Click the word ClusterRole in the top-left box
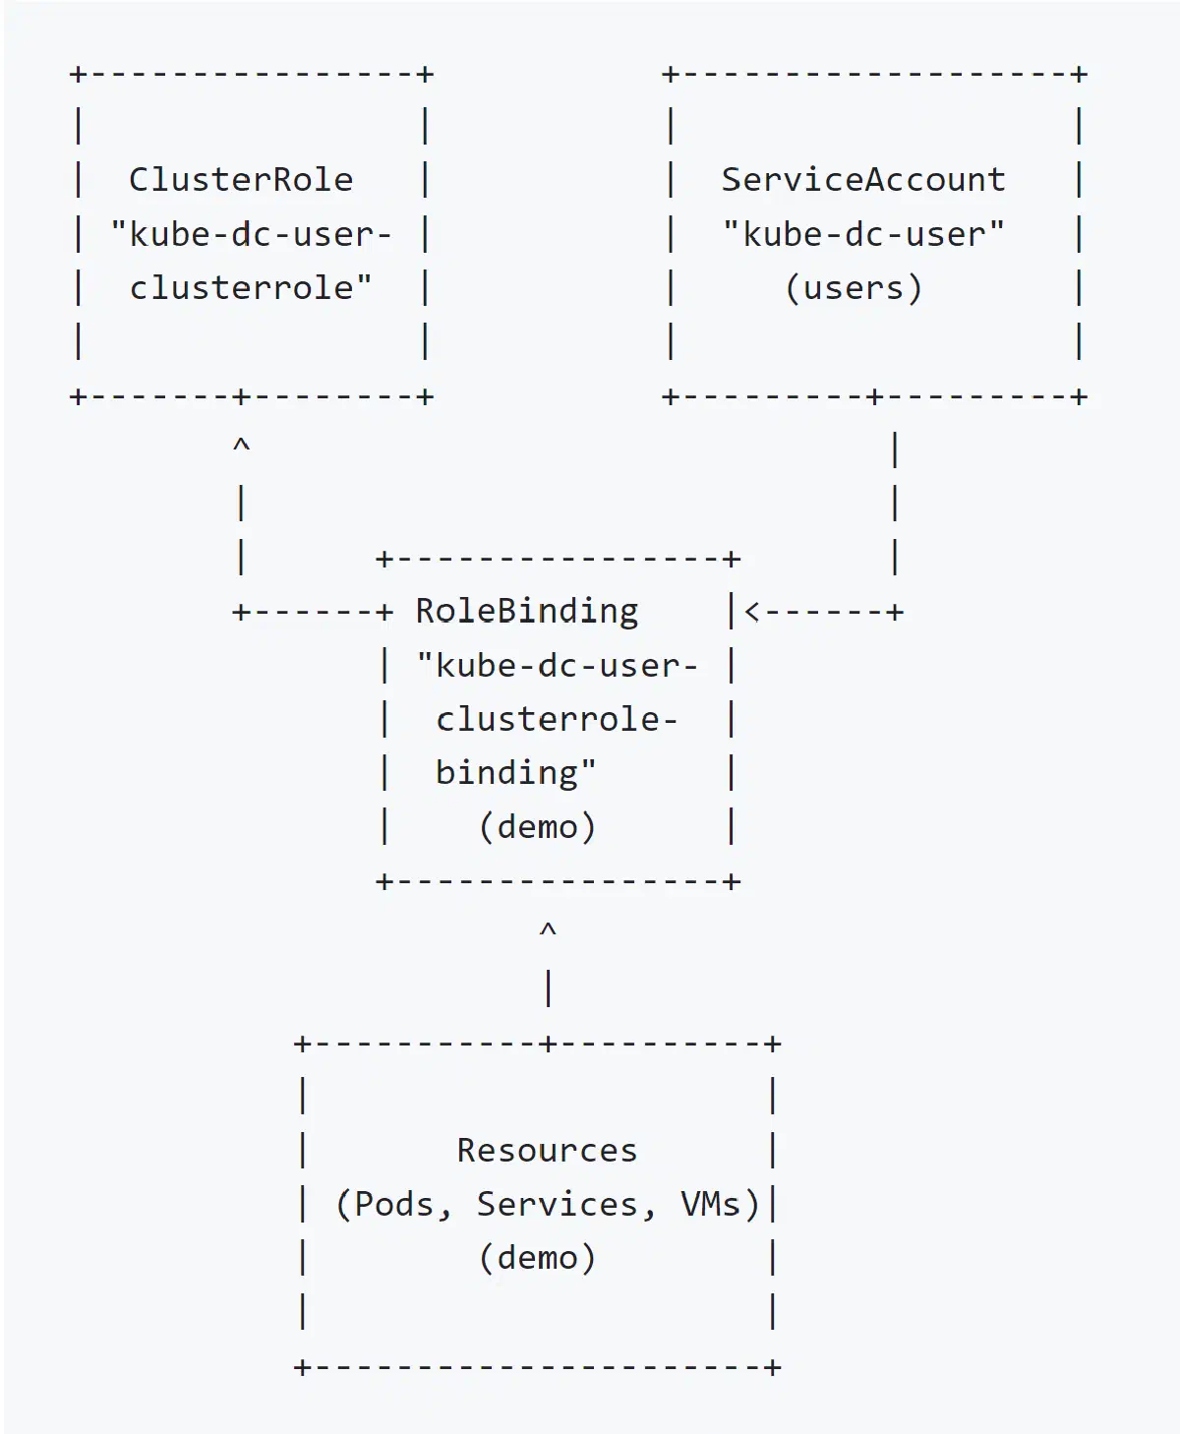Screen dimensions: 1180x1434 pyautogui.click(x=241, y=180)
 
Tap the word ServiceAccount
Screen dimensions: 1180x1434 pyautogui.click(x=863, y=180)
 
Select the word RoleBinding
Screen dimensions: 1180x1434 pyautogui.click(x=527, y=611)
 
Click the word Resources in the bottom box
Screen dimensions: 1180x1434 pyautogui.click(x=547, y=1151)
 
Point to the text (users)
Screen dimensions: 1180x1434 pyautogui.click(x=854, y=288)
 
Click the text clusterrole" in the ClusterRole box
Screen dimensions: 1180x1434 pyautogui.click(x=251, y=287)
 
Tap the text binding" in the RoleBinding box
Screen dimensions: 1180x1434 pyautogui.click(x=516, y=773)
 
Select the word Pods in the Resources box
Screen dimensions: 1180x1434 pyautogui.click(x=393, y=1204)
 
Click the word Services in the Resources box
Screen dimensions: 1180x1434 pyautogui.click(x=558, y=1204)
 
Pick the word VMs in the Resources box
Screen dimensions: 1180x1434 pyautogui.click(x=710, y=1204)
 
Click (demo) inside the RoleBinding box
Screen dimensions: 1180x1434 pyautogui.click(x=537, y=827)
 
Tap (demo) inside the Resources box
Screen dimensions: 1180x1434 pyautogui.click(x=537, y=1258)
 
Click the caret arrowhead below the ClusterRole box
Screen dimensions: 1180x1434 pyautogui.click(x=241, y=445)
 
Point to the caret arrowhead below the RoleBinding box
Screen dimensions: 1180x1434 pyautogui.click(x=548, y=928)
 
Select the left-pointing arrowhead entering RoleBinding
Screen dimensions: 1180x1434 pyautogui.click(x=752, y=612)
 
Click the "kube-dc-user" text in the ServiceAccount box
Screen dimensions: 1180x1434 pyautogui.click(x=863, y=235)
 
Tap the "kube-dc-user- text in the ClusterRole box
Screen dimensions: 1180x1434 pyautogui.click(x=251, y=235)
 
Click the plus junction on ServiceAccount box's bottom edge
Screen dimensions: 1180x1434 pyautogui.click(x=875, y=397)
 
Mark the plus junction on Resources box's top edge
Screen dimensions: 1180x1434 pyautogui.click(x=548, y=1044)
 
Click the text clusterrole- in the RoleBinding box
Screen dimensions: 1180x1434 pyautogui.click(x=557, y=719)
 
